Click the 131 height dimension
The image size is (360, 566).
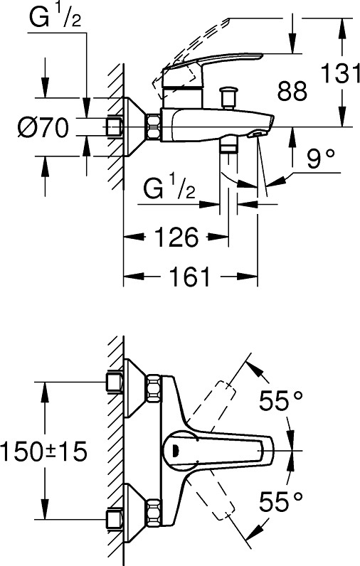pyautogui.click(x=340, y=73)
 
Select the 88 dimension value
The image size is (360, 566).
pyautogui.click(x=292, y=90)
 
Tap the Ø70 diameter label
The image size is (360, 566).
pyautogui.click(x=43, y=127)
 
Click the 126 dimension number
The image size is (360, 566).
pyautogui.click(x=176, y=237)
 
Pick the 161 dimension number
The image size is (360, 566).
pyautogui.click(x=190, y=277)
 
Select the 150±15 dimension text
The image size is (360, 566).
pyautogui.click(x=43, y=452)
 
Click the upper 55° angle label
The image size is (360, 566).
pyautogui.click(x=281, y=400)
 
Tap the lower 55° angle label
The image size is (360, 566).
pyautogui.click(x=281, y=501)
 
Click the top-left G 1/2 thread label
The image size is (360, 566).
pyautogui.click(x=55, y=17)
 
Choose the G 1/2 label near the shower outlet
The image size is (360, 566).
pyautogui.click(x=169, y=188)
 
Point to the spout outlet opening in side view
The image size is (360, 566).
pyautogui.click(x=256, y=134)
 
